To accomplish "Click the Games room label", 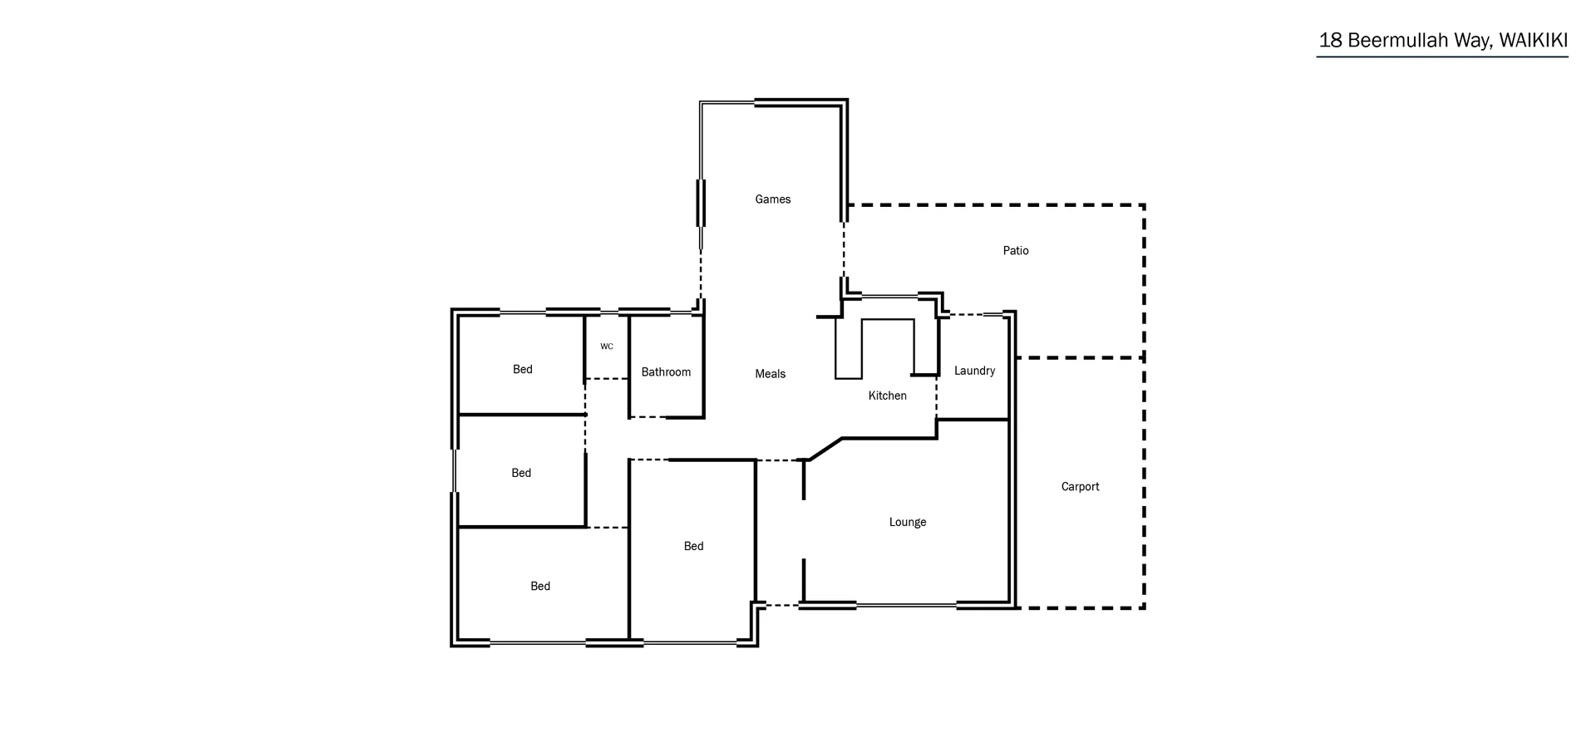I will [x=772, y=199].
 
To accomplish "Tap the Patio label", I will [x=1015, y=251].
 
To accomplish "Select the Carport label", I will [x=1080, y=487].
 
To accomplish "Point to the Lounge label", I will [x=907, y=523].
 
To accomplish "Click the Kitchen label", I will [x=887, y=396].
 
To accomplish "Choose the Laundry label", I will [x=974, y=371].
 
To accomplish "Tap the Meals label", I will [x=770, y=374].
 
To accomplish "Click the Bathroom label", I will [x=666, y=372].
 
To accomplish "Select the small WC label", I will [x=607, y=347].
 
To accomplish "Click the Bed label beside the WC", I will [x=522, y=370].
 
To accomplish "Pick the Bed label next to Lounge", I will [x=693, y=546].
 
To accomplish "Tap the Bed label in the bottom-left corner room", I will [x=539, y=587].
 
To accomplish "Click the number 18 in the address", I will [x=1330, y=41].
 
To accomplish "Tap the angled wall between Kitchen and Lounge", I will [x=825, y=449].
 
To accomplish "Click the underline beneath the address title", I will [x=1441, y=57].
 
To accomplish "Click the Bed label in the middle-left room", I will [x=520, y=474].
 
